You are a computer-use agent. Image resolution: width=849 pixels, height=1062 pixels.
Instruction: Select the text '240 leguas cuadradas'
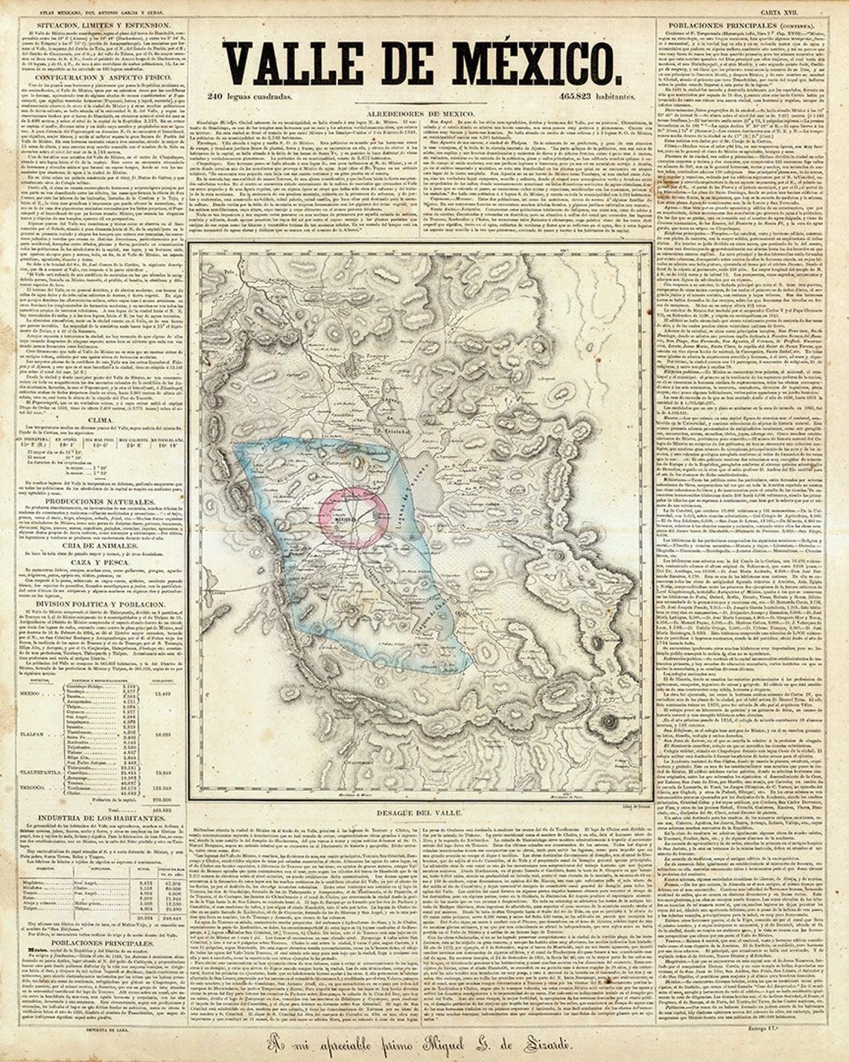pyautogui.click(x=249, y=96)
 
